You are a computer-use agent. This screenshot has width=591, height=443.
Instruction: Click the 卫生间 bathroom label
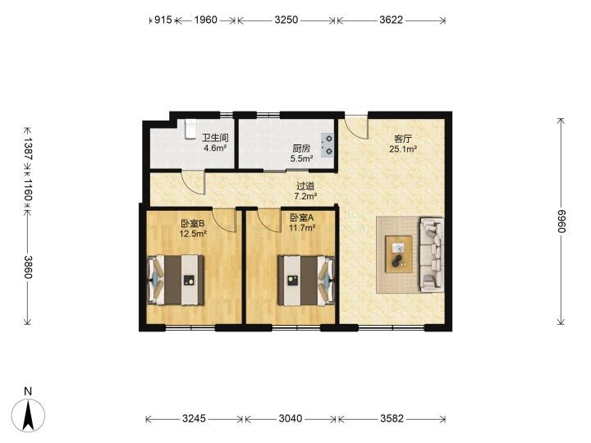[x=215, y=139]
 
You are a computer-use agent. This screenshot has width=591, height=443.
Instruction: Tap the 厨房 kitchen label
[x=301, y=148]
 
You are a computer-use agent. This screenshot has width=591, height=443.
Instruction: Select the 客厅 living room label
[x=402, y=139]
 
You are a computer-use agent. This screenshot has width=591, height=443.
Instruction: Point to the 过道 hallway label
[x=305, y=186]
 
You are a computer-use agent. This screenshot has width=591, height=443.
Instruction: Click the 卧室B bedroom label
[x=193, y=223]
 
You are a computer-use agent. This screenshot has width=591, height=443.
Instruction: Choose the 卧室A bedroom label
[x=302, y=217]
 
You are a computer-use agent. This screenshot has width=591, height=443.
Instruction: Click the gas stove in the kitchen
[x=328, y=145]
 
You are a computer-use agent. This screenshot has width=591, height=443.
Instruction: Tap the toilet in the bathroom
[x=190, y=130]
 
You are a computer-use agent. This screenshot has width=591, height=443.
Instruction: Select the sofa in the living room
[x=432, y=254]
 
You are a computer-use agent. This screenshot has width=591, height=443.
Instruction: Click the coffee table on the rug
[x=398, y=253]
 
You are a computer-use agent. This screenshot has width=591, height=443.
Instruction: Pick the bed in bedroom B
[x=176, y=280]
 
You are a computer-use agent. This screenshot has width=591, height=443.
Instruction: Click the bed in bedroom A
[x=306, y=281]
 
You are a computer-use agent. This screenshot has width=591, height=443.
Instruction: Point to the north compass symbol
[x=28, y=415]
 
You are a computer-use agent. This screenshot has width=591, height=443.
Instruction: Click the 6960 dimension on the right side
[x=561, y=221]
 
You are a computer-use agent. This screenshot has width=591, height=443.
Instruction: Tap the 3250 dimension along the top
[x=286, y=20]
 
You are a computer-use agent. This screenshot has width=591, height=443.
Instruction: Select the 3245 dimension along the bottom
[x=194, y=418]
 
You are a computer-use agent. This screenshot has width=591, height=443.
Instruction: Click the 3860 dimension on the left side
[x=28, y=267]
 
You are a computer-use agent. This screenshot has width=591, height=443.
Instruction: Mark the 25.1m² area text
[x=403, y=148]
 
